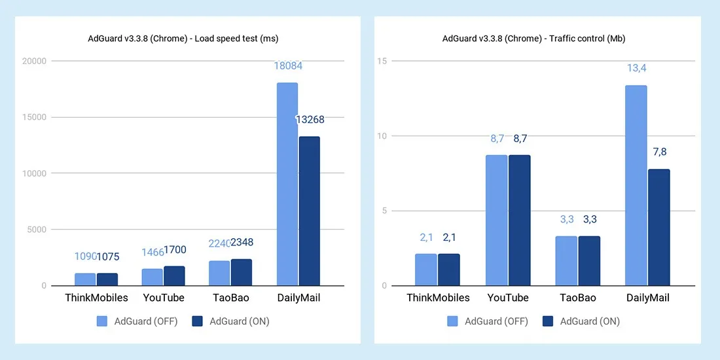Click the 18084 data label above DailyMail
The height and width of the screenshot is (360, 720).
[x=288, y=66]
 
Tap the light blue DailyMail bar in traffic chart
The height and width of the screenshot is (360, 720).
[x=636, y=185]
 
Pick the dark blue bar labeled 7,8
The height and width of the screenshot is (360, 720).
[x=659, y=227]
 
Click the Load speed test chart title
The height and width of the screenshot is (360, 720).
[x=183, y=39]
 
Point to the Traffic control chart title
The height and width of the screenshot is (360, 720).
[x=533, y=39]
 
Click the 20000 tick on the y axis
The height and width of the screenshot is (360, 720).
[x=33, y=62]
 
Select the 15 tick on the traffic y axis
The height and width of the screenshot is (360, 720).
[x=382, y=62]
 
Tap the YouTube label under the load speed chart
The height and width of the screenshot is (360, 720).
[x=163, y=298]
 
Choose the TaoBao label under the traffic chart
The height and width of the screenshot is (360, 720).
[x=577, y=298]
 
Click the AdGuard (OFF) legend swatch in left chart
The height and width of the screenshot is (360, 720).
[x=102, y=321]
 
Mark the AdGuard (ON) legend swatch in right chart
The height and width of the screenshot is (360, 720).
[x=549, y=321]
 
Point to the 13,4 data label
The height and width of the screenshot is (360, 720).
[x=636, y=68]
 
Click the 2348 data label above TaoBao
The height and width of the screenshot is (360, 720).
[x=241, y=243]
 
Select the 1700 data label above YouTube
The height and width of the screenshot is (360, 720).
[x=174, y=250]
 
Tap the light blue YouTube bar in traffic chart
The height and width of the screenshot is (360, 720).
[x=496, y=220]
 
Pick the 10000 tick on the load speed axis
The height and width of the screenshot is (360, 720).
[x=33, y=173]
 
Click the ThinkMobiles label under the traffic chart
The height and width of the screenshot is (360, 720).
[x=438, y=298]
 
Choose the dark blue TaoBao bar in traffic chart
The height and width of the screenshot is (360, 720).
[x=589, y=261]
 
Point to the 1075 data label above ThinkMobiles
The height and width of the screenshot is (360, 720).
[x=108, y=257]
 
